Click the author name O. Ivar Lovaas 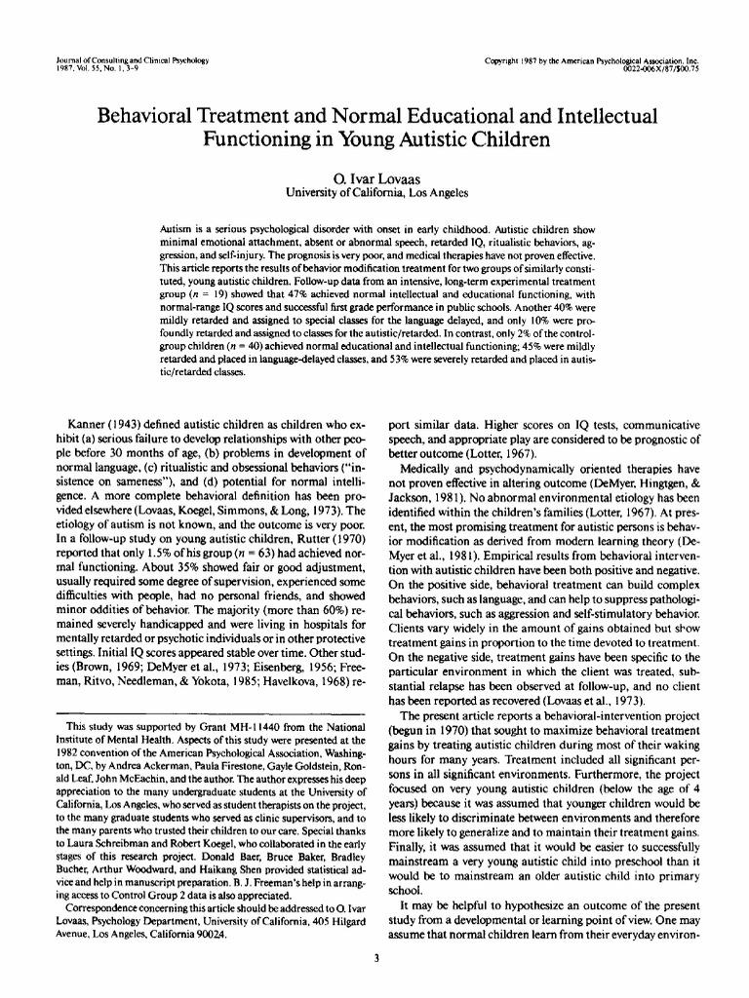(374, 177)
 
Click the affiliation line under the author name (374, 192)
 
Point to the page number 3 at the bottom (375, 958)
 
